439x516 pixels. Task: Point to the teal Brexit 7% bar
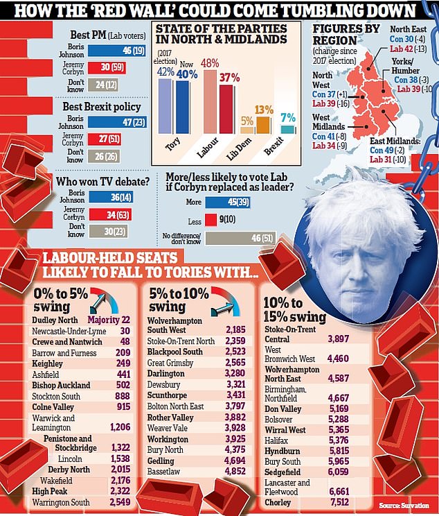click(288, 128)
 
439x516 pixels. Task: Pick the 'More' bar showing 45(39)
click(235, 202)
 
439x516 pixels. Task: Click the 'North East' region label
click(409, 30)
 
